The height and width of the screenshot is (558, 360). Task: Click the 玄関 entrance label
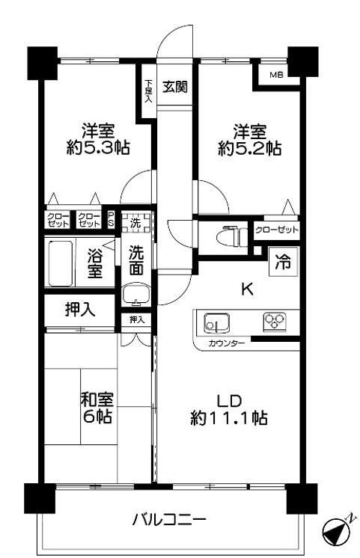(175, 85)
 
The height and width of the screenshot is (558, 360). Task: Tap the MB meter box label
(276, 74)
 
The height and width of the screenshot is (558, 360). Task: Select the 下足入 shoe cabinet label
(148, 90)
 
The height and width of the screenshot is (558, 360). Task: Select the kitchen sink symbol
(216, 323)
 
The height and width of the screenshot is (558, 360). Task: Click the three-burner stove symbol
(274, 322)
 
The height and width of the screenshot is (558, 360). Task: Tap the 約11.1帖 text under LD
(229, 419)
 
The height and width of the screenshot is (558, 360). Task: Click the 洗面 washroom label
(135, 259)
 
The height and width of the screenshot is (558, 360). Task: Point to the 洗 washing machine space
(135, 222)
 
